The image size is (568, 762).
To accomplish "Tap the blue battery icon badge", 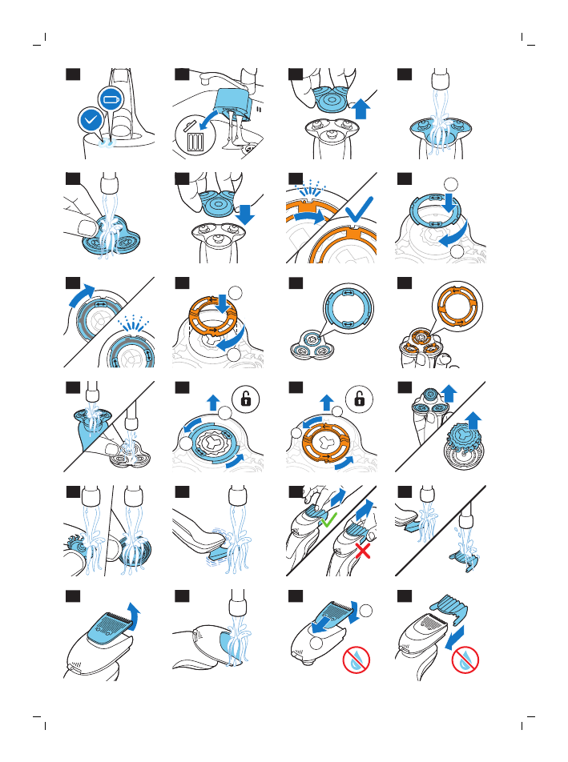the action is [x=109, y=99].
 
